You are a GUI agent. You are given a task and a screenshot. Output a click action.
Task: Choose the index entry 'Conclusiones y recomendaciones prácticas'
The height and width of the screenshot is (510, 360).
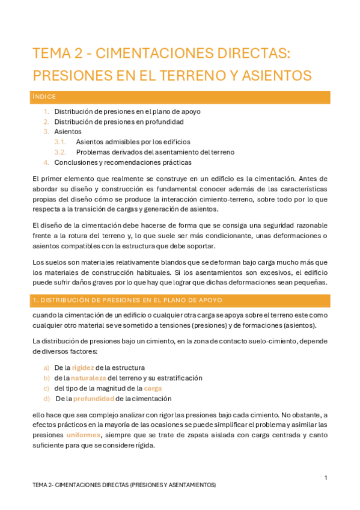123,162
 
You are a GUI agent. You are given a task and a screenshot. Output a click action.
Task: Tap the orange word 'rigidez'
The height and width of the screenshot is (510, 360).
83,367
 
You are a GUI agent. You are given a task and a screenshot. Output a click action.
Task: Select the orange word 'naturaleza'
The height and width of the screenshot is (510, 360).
88,378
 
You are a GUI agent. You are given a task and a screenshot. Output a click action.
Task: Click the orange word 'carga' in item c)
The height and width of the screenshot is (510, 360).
153,388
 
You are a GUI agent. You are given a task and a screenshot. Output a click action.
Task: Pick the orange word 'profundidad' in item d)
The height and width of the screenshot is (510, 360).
93,398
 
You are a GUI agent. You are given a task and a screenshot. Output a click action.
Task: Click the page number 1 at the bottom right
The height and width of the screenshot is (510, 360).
325,478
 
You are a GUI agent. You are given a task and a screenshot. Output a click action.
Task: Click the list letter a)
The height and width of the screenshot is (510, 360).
46,367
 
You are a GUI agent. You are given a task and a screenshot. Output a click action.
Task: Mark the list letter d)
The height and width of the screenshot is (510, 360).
46,398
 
